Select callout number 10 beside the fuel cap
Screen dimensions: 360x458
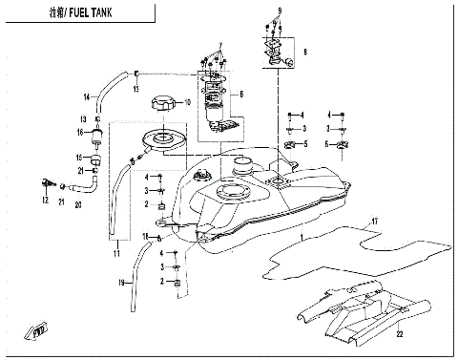(188, 102)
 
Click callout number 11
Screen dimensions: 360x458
(115, 252)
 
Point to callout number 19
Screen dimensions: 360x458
(121, 284)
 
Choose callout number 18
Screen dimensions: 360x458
(145, 236)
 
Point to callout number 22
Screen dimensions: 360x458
(401, 333)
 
